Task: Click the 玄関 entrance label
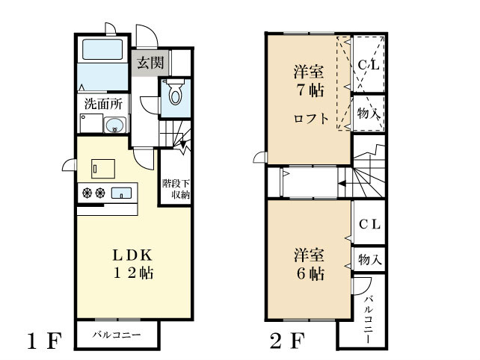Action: (x=150, y=63)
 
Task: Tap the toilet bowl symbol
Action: (x=174, y=95)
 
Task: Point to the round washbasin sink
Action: (x=114, y=125)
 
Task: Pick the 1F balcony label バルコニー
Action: (x=117, y=335)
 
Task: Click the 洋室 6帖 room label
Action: (x=308, y=264)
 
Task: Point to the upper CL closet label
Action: (x=368, y=65)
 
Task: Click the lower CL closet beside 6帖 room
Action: (x=369, y=224)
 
